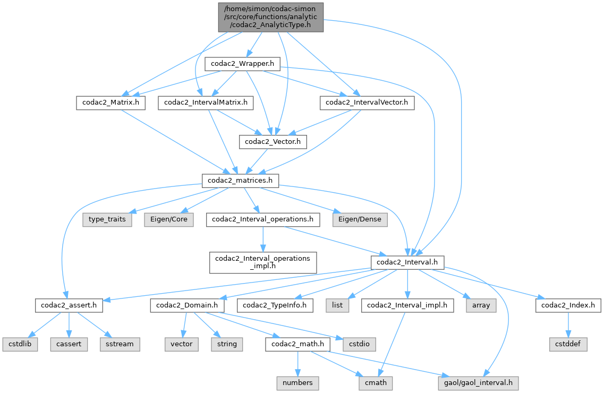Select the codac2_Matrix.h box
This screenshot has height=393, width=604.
[x=110, y=102]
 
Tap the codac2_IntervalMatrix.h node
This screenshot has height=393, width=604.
[x=206, y=102]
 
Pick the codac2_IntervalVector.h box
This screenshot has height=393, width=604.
[x=367, y=102]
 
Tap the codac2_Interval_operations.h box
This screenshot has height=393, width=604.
[x=262, y=219]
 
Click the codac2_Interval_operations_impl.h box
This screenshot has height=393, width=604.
[x=262, y=262]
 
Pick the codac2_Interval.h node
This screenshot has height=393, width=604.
[x=407, y=262]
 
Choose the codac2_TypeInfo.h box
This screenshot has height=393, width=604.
[x=275, y=305]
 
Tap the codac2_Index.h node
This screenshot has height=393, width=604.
[x=568, y=305]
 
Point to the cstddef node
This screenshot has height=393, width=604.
[x=568, y=344]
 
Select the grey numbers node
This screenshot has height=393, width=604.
[x=297, y=382]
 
